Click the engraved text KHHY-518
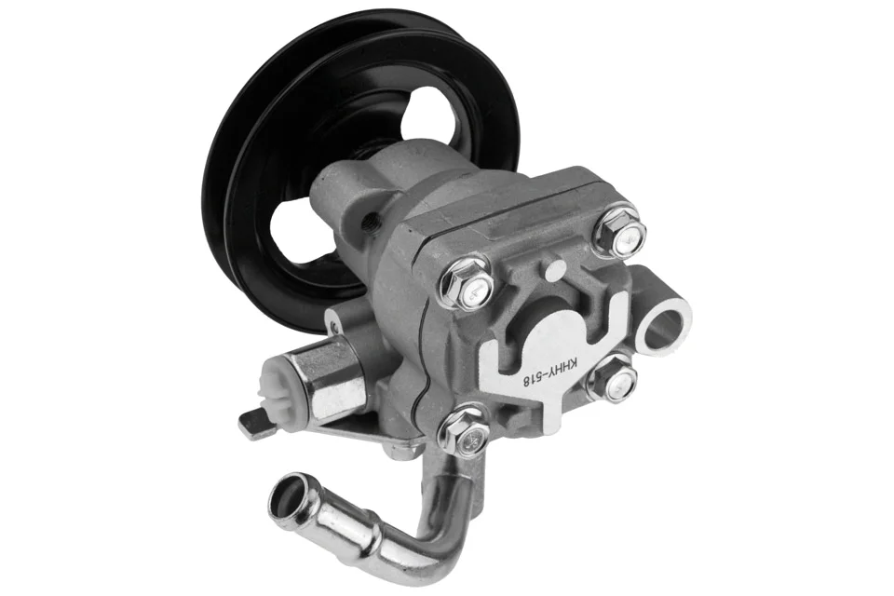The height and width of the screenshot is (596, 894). pos(551,374)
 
